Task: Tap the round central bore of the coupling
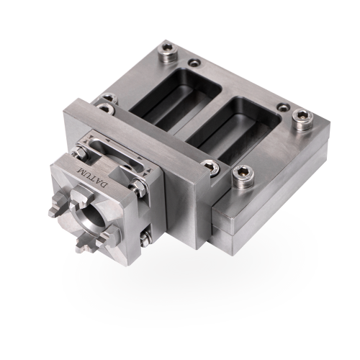91,215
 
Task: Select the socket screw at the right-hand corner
303,119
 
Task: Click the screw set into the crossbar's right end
210,167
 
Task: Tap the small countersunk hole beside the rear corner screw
194,63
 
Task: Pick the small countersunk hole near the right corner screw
284,107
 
